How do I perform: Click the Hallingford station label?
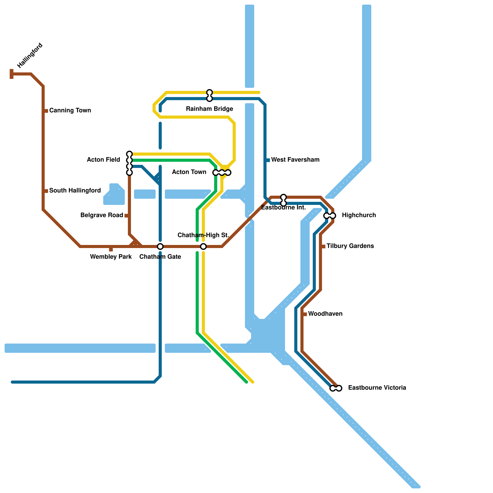[30, 55]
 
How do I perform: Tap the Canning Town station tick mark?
[46, 111]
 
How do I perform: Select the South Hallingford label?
[75, 190]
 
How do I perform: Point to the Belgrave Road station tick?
[127, 216]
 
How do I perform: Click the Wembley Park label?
[111, 257]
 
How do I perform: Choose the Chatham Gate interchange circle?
[160, 246]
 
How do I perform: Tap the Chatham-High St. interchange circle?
[203, 246]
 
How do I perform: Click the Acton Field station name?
[104, 160]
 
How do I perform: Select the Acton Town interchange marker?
[222, 173]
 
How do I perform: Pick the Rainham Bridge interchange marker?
[210, 96]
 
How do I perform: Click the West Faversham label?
[295, 160]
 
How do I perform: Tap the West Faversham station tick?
[268, 160]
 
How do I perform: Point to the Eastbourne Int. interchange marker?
[283, 200]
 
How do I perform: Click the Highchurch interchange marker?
[330, 216]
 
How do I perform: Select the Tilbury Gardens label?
[350, 246]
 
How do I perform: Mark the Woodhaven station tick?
[305, 314]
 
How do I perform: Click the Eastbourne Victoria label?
[377, 388]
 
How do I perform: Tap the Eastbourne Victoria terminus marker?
[336, 388]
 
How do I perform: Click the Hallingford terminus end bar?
[12, 74]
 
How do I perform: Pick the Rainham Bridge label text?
[210, 109]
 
